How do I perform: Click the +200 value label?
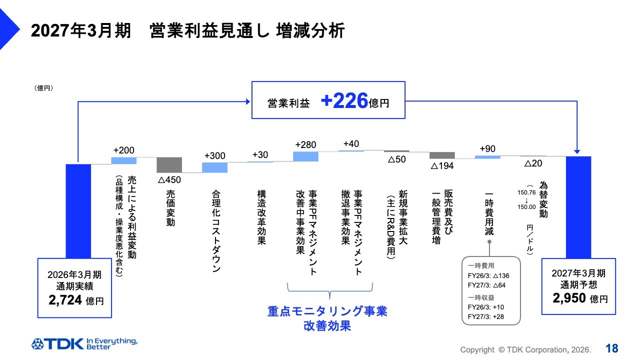pos(123,150)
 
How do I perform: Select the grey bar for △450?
pos(169,165)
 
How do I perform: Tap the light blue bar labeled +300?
pos(214,167)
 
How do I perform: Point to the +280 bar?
pos(305,156)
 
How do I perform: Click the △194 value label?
pos(442,166)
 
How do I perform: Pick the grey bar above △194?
pos(442,155)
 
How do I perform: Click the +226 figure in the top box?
pos(344,100)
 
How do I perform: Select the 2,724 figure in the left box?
pos(65,300)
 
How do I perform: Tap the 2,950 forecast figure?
pos(569,298)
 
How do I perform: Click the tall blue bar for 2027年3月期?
pos(578,207)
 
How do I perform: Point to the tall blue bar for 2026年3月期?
pos(78,211)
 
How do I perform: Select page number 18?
pos(611,348)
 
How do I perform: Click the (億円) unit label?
pos(43,88)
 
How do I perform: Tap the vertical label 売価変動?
pos(170,208)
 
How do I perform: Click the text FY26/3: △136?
pos(488,275)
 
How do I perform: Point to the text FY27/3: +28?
pos(485,316)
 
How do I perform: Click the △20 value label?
pos(533,163)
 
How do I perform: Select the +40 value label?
pos(351,143)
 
